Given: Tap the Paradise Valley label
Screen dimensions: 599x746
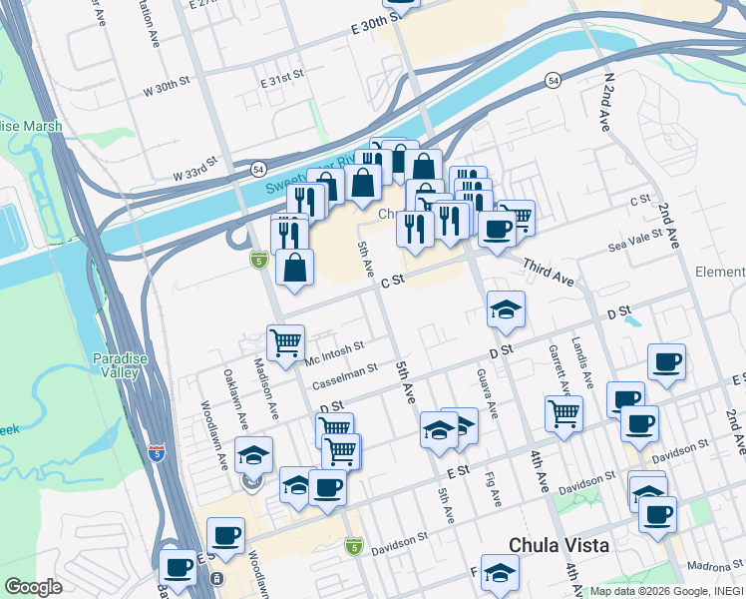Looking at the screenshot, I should [116, 365].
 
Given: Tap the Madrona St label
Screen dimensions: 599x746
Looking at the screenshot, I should [709, 566].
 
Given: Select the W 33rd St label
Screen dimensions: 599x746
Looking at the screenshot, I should [193, 173].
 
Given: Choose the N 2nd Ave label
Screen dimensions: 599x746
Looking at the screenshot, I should [604, 103].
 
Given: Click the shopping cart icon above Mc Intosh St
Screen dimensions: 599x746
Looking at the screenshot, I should [286, 342].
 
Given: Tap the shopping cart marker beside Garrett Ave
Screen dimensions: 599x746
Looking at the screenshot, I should [564, 412].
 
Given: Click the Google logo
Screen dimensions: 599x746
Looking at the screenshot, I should [32, 587].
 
